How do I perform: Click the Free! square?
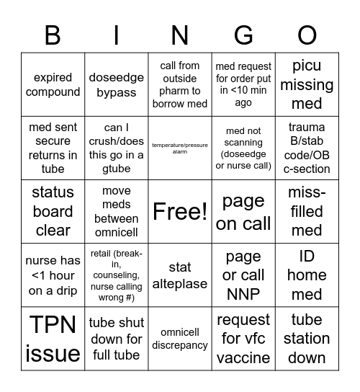click(x=180, y=211)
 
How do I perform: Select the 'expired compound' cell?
click(x=53, y=84)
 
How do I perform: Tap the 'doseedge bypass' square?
click(x=117, y=84)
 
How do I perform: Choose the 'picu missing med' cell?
click(x=307, y=84)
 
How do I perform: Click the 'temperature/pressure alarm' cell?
click(x=180, y=148)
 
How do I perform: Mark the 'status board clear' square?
click(x=53, y=211)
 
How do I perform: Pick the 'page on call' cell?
click(x=243, y=212)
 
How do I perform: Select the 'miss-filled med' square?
click(x=307, y=211)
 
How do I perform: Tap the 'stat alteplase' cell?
click(x=180, y=275)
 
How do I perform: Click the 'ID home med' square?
click(x=307, y=275)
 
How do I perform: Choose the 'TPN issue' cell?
click(x=53, y=339)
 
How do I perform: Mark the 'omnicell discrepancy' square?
click(x=180, y=339)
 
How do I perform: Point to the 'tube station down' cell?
click(x=307, y=339)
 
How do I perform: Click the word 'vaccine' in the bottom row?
click(x=243, y=357)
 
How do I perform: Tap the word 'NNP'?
click(x=243, y=293)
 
